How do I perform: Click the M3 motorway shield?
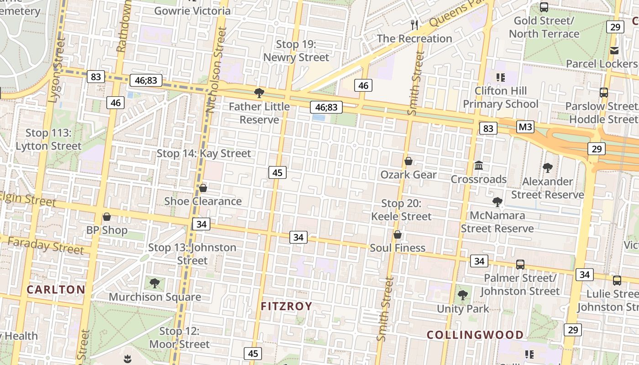pyautogui.click(x=525, y=126)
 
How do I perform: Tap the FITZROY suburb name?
pyautogui.click(x=287, y=306)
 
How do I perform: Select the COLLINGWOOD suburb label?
pyautogui.click(x=475, y=334)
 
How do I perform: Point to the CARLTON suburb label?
pyautogui.click(x=56, y=289)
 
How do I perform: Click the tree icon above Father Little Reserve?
pyautogui.click(x=259, y=94)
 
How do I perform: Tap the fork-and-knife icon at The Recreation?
pyautogui.click(x=414, y=25)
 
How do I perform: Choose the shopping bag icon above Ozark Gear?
pyautogui.click(x=409, y=161)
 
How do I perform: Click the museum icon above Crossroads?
pyautogui.click(x=479, y=165)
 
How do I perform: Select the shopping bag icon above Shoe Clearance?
pyautogui.click(x=203, y=188)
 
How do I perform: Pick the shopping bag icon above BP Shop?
pyautogui.click(x=107, y=217)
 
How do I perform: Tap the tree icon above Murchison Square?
pyautogui.click(x=155, y=283)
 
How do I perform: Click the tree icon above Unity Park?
pyautogui.click(x=463, y=295)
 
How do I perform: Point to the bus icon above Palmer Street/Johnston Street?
pyautogui.click(x=520, y=264)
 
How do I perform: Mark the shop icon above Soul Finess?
pyautogui.click(x=398, y=235)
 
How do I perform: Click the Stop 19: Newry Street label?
pyautogui.click(x=296, y=51)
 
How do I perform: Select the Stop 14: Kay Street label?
pyautogui.click(x=204, y=153)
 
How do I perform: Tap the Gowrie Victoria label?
pyautogui.click(x=192, y=10)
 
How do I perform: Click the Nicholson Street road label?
pyautogui.click(x=216, y=70)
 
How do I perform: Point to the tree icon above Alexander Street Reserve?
pyautogui.click(x=547, y=168)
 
